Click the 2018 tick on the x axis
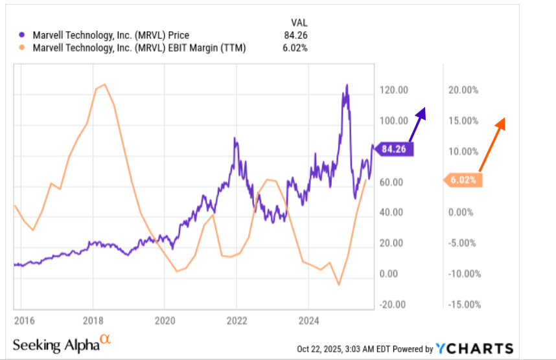click(x=92, y=319)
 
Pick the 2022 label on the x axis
click(x=236, y=319)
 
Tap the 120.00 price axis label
click(x=394, y=91)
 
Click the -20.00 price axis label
click(x=394, y=304)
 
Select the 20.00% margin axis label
click(x=463, y=91)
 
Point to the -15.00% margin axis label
click(x=463, y=304)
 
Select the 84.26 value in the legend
click(x=295, y=35)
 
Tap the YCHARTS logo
click(x=474, y=348)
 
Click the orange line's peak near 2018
click(x=104, y=85)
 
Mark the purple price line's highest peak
click(x=347, y=85)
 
